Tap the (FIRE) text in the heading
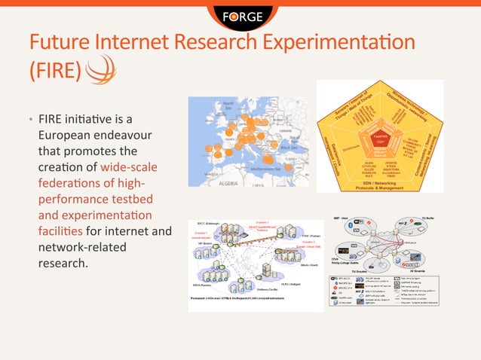click(x=54, y=70)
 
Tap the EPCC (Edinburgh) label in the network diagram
click(x=208, y=224)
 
